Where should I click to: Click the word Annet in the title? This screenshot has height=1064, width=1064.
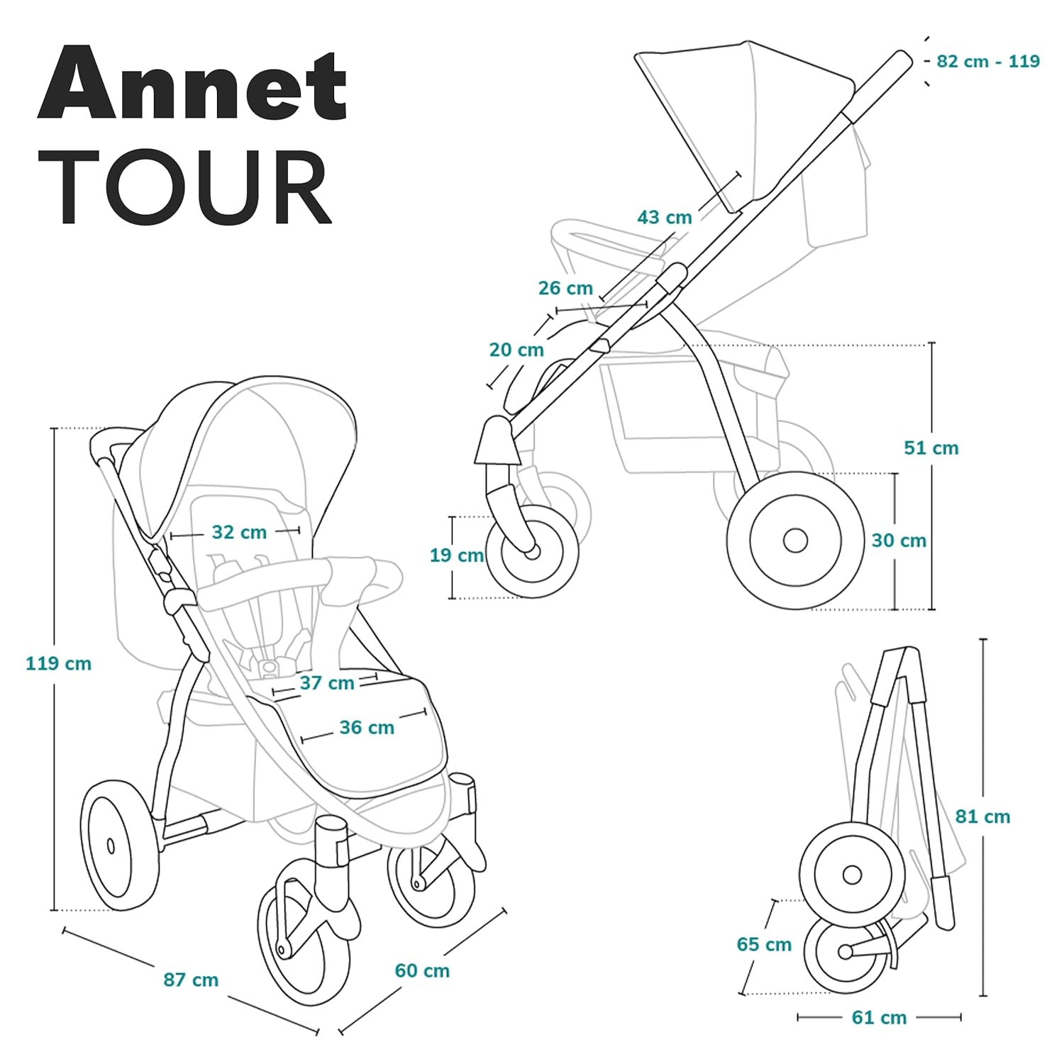192,84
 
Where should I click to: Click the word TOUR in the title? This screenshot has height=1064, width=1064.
192,188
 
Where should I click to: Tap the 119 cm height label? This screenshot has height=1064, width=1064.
59,664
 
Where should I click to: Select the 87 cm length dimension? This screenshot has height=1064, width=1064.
191,980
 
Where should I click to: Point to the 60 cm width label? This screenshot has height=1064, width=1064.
422,971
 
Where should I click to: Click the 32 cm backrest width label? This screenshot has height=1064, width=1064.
239,532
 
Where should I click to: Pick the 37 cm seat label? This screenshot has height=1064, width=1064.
327,683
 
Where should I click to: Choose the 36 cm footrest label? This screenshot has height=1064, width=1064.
367,728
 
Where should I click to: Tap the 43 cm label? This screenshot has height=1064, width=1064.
665,217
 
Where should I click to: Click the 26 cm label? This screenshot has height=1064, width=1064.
565,288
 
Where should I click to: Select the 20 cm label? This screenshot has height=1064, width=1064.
516,350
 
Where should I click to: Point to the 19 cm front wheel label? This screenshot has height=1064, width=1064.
457,555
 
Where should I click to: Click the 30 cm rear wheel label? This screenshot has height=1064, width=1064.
899,541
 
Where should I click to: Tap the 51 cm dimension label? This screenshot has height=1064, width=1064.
931,448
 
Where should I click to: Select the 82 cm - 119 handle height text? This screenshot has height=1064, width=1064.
988,61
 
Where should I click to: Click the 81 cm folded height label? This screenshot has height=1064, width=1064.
982,816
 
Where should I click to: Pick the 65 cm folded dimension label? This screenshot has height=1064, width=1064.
764,945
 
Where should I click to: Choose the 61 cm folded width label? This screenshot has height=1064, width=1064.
879,1018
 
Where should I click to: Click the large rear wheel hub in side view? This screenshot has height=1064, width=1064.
795,541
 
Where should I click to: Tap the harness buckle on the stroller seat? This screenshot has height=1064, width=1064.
269,667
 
